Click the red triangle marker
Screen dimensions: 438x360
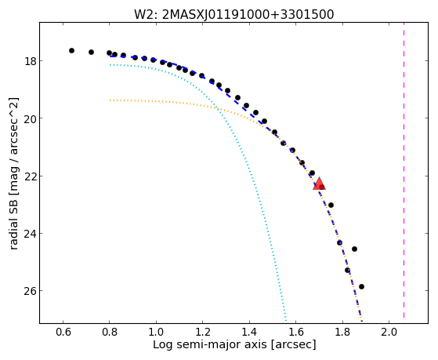pos(319,184)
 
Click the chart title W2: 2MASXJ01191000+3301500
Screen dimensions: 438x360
pos(234,14)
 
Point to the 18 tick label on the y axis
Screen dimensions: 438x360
pos(30,60)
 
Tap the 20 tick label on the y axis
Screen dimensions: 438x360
pos(30,118)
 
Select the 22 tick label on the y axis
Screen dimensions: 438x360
pos(30,176)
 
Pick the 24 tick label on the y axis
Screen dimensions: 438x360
pos(30,233)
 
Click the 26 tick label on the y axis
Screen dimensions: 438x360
pos(30,291)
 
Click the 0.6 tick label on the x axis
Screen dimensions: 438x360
pos(63,332)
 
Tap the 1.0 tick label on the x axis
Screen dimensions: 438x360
pos(156,332)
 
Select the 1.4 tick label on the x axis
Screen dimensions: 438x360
pos(249,332)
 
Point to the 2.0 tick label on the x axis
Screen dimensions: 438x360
pos(389,332)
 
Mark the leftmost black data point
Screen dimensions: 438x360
pos(71,51)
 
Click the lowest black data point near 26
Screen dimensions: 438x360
pos(361,287)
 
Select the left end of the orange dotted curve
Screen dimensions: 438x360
pos(110,100)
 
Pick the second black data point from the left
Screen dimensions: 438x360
pos(91,52)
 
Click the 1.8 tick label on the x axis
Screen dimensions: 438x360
pos(342,332)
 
